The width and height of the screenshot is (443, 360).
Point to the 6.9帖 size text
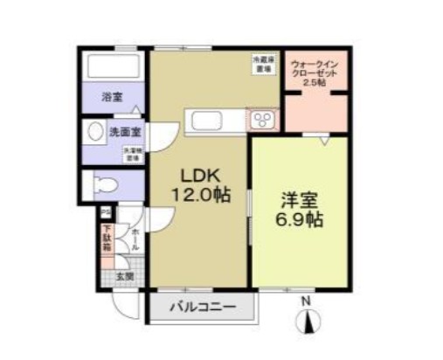(298, 220)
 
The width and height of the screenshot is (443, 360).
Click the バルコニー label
(203, 308)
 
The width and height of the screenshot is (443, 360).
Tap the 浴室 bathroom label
(111, 95)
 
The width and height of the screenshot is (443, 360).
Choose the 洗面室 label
(125, 133)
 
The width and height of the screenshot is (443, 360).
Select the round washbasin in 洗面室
(95, 133)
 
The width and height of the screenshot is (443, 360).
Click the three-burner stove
(263, 119)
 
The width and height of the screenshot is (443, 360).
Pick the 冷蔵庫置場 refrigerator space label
(262, 65)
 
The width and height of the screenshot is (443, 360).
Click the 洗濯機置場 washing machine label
(131, 156)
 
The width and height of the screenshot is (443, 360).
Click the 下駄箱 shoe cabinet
(106, 239)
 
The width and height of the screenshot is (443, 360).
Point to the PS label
(105, 212)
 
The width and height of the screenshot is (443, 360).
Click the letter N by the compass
(306, 302)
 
